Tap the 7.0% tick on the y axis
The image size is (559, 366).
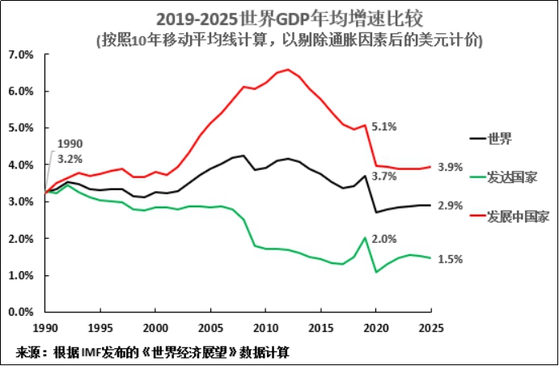coord(19,54)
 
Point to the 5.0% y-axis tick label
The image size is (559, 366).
coord(19,128)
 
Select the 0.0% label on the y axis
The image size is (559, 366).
coord(19,312)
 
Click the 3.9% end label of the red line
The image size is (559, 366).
coord(450,167)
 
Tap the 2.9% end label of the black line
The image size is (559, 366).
coord(450,206)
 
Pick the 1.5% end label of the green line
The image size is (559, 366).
coord(450,259)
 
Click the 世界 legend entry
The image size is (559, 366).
coord(499,138)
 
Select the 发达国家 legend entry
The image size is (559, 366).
coord(510,177)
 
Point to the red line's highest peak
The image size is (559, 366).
coord(289,70)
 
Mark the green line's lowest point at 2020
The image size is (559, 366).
coord(376,271)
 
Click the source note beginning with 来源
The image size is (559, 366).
coord(153,353)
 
